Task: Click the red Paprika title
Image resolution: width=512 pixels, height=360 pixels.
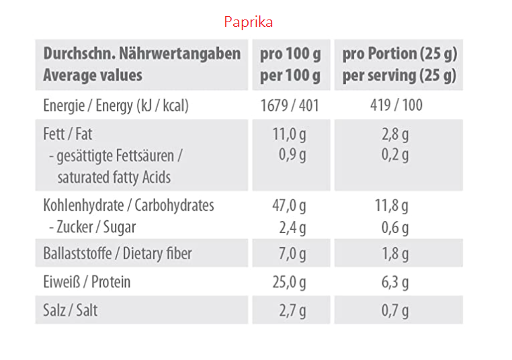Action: pos(249,22)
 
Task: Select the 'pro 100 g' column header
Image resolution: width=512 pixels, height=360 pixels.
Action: pos(290,54)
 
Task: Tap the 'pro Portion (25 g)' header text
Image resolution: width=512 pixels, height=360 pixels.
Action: pos(399,54)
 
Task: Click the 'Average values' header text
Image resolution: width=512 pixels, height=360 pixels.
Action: pos(93,75)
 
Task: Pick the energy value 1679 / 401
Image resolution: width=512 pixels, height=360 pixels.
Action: pos(290,105)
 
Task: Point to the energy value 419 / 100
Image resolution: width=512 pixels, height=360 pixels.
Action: pos(395,105)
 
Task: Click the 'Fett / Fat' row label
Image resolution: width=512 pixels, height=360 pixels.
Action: pos(67,134)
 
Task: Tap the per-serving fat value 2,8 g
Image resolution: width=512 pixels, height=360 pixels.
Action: pos(395,134)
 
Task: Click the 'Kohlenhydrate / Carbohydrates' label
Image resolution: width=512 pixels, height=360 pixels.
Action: pos(128,205)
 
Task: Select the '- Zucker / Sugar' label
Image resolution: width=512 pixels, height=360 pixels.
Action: pos(92,227)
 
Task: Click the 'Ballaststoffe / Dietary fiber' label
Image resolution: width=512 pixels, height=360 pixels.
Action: pos(118,254)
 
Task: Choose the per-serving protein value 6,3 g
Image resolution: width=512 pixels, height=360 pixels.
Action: pos(395,282)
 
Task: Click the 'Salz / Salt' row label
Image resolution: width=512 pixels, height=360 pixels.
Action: pos(71,310)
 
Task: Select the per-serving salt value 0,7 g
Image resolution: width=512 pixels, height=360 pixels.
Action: pos(395,310)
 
